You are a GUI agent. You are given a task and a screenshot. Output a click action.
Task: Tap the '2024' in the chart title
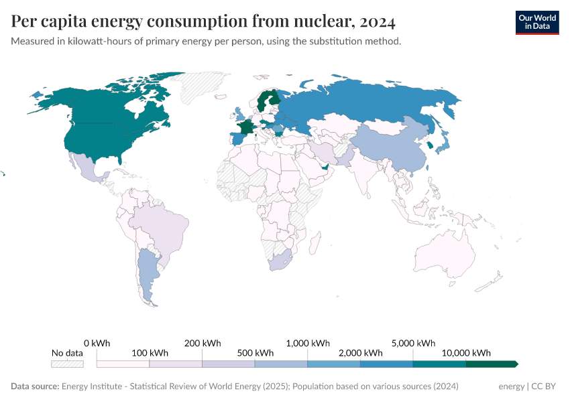tap(377, 21)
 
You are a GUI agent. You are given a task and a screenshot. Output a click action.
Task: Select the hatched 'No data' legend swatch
tap(67, 364)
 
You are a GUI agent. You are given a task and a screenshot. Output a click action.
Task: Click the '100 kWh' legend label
tap(150, 353)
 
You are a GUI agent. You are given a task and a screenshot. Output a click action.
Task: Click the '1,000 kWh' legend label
tap(307, 342)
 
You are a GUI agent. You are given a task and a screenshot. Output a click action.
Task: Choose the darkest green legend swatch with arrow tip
tap(491, 364)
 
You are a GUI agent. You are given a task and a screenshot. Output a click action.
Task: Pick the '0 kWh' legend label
tap(97, 342)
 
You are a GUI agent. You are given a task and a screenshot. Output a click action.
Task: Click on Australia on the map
tap(445, 258)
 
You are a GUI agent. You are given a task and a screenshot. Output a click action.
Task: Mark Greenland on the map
tap(201, 87)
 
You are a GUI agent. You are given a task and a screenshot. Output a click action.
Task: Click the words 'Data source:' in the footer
tap(34, 387)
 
